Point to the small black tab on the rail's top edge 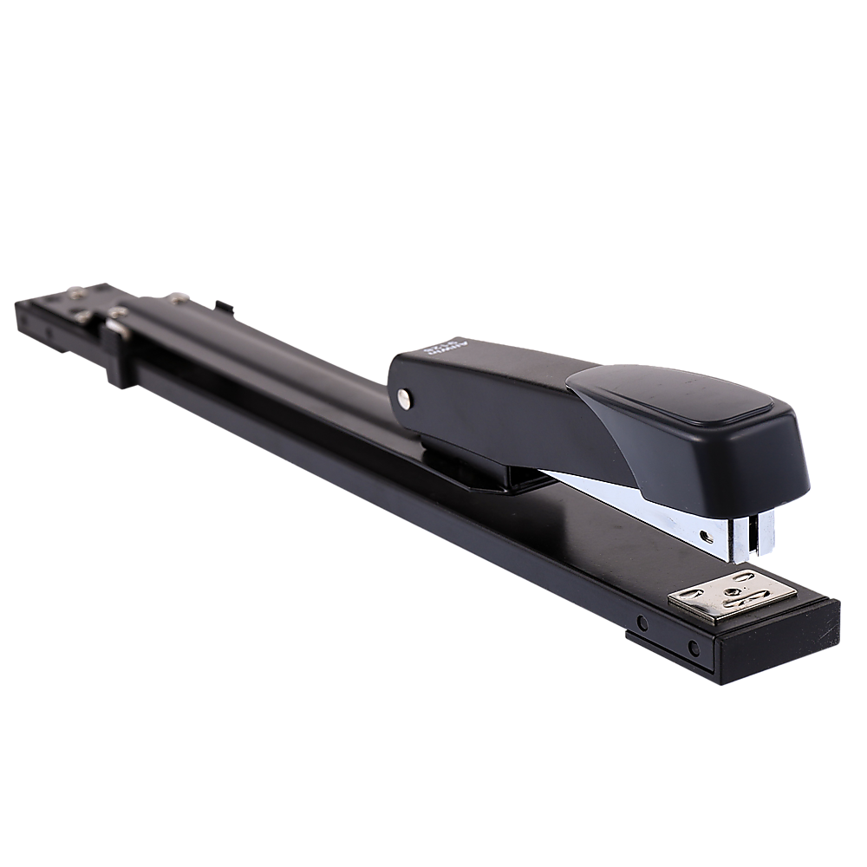click(x=225, y=305)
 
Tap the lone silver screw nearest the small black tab click(x=181, y=299)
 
